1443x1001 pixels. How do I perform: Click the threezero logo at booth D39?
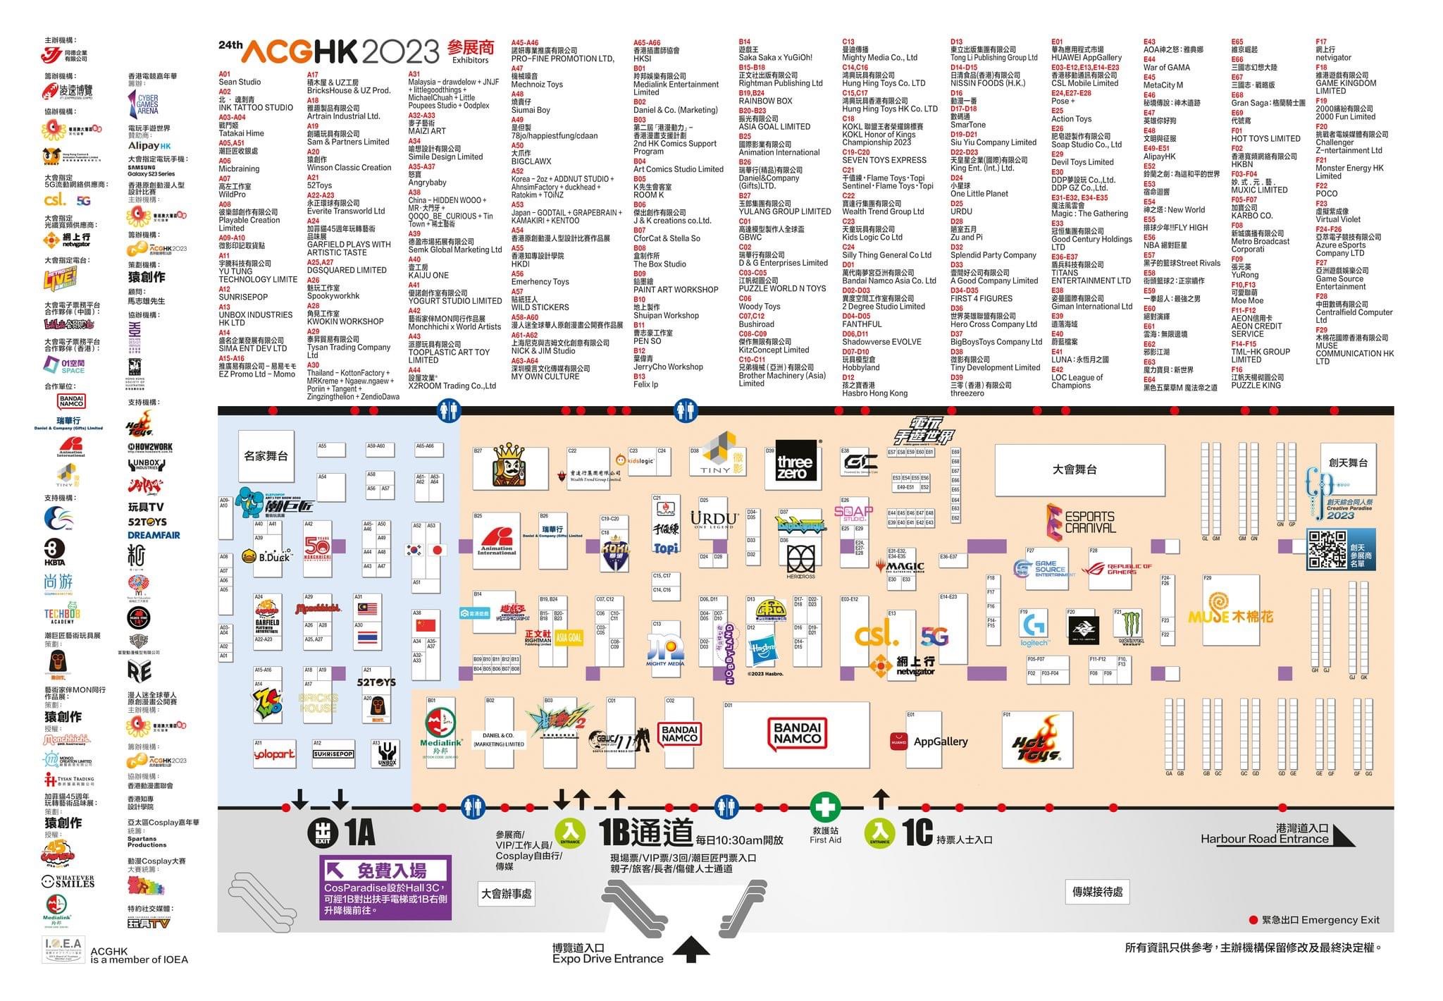794,467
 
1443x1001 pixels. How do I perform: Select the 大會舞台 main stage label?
1074,469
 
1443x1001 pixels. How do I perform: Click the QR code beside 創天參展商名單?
1327,550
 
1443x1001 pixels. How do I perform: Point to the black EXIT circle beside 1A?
322,833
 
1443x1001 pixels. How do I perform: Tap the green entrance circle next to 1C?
879,833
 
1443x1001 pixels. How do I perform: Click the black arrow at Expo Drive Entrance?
690,949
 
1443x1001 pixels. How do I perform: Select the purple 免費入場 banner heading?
385,870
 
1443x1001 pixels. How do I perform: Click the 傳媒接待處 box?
1097,892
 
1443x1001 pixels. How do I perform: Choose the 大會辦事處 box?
507,894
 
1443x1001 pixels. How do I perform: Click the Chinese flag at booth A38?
426,625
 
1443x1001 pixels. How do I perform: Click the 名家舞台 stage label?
266,456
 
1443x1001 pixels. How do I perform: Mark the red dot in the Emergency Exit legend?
1253,920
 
